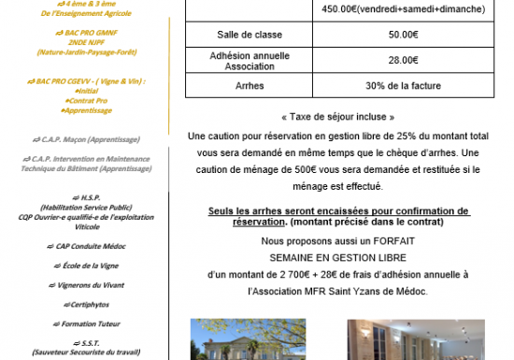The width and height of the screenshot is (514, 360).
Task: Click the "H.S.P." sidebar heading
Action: pyautogui.click(x=91, y=197)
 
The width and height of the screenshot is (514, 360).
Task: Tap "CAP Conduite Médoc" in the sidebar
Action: pyautogui.click(x=91, y=245)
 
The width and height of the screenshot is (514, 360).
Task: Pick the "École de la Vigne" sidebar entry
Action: pyautogui.click(x=92, y=265)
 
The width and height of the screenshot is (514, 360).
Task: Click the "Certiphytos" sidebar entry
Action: pyautogui.click(x=91, y=303)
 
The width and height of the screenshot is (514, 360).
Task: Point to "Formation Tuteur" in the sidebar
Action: pyautogui.click(x=92, y=323)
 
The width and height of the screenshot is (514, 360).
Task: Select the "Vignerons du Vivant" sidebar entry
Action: pyautogui.click(x=92, y=284)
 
